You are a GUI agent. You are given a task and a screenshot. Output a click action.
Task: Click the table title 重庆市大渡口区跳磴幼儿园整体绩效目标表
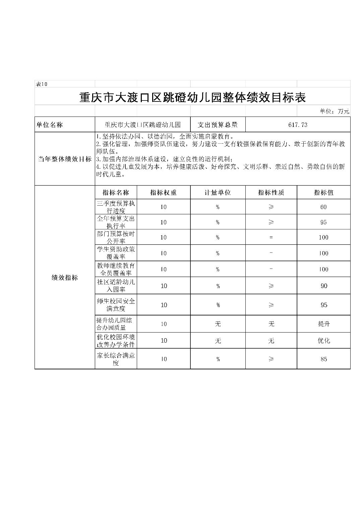[192, 97]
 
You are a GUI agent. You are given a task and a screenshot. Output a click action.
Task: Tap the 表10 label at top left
[42, 84]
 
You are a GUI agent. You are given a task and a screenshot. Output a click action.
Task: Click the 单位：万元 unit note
[335, 111]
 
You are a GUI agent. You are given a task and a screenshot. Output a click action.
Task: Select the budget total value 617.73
[298, 125]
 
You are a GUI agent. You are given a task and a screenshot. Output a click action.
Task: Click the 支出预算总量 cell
[218, 125]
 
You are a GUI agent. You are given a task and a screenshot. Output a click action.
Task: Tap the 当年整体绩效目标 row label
[65, 159]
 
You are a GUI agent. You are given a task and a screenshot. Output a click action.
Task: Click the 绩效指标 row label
[65, 278]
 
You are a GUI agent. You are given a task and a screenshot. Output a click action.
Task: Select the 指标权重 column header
[163, 193]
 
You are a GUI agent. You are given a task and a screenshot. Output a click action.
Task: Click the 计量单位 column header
[218, 193]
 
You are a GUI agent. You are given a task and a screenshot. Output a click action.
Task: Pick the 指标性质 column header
[271, 193]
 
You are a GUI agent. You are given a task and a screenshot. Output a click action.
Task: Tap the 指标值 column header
[323, 193]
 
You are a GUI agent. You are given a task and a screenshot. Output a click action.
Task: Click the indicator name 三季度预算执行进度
[116, 207]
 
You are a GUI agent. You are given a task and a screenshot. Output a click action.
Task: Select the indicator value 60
[323, 207]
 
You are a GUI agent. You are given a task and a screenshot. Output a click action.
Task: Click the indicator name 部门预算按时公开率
[116, 237]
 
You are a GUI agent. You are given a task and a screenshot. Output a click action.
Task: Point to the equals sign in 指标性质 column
[271, 237]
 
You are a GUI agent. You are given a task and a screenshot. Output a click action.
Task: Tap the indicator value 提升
[323, 324]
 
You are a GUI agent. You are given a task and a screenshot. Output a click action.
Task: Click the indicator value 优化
[323, 341]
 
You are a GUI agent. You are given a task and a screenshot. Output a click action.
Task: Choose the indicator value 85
[323, 359]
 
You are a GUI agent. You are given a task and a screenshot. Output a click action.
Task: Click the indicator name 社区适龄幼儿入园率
[116, 286]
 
